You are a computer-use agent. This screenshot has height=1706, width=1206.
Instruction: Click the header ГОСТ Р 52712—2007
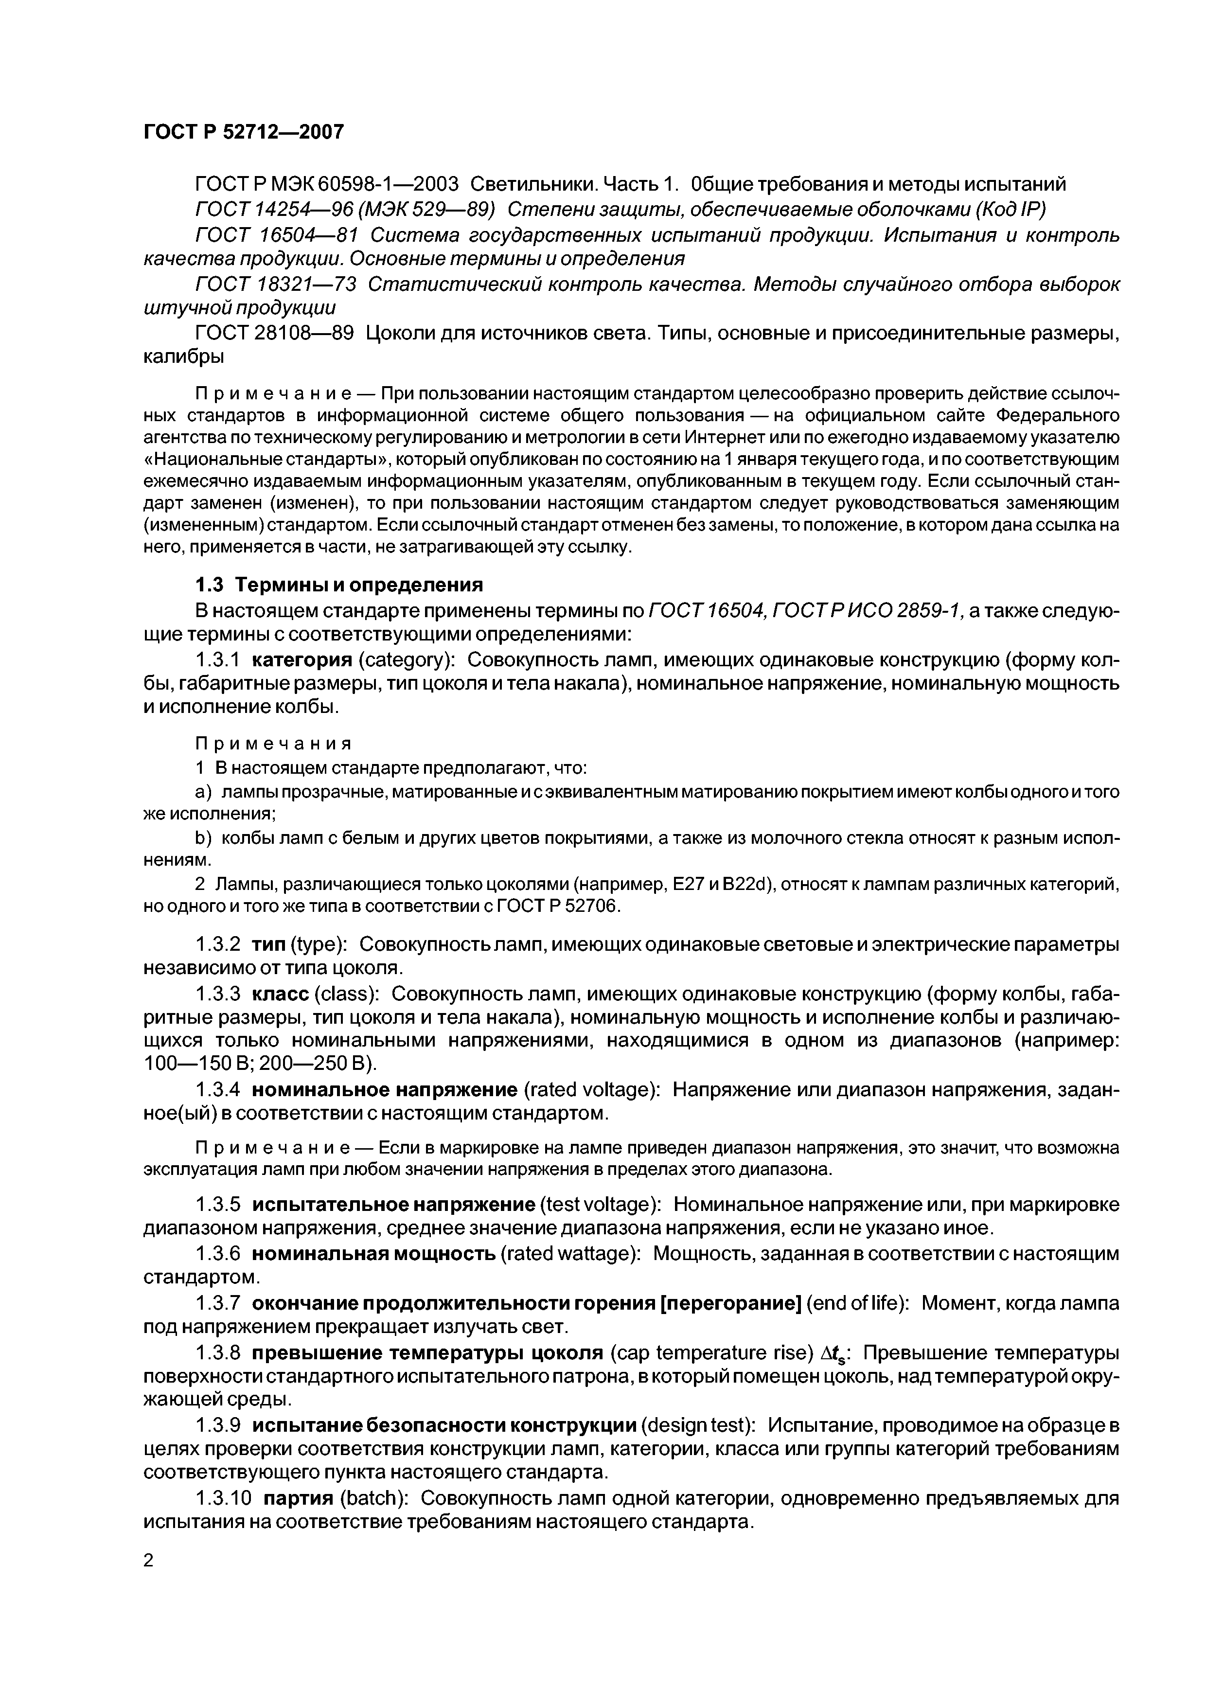pos(243,132)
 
